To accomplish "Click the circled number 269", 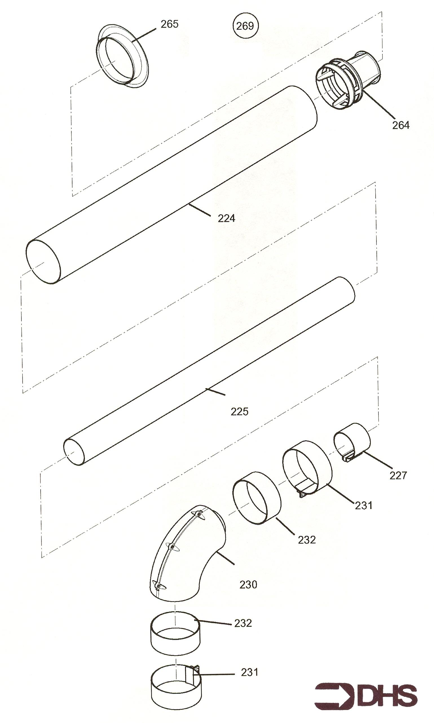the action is point(246,26).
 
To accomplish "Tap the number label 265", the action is point(169,24).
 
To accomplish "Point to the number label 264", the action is point(401,125).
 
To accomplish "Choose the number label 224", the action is point(226,218).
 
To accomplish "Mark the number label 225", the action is point(239,412).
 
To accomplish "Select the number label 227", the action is point(398,476).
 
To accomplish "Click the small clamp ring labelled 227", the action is point(352,442).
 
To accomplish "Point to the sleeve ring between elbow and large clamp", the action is point(257,498).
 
